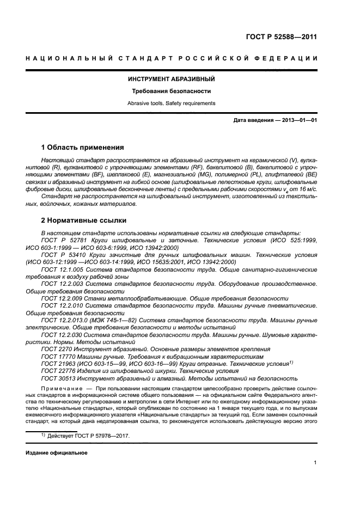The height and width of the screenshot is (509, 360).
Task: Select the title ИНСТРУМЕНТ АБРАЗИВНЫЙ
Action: pyautogui.click(x=172, y=79)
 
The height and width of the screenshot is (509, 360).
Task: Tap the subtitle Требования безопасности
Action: pyautogui.click(x=172, y=91)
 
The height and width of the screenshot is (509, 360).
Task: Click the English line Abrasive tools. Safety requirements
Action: pyautogui.click(x=172, y=103)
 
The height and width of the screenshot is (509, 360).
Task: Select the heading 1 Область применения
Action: pyautogui.click(x=83, y=148)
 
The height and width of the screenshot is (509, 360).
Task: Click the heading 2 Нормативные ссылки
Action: pyautogui.click(x=84, y=220)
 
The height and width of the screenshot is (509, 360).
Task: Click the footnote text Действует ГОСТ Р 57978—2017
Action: pyautogui.click(x=89, y=437)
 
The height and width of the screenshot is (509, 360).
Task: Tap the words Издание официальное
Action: pyautogui.click(x=56, y=453)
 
